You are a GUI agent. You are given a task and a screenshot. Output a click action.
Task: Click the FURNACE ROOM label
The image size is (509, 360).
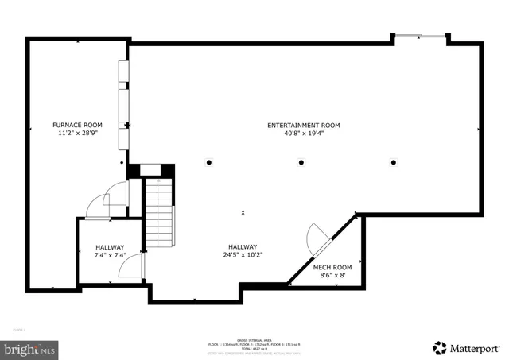pos(77,125)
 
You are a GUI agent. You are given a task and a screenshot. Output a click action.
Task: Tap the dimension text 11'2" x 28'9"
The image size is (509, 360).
pos(77,134)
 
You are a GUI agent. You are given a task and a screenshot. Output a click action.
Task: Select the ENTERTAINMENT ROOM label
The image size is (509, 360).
pos(303,125)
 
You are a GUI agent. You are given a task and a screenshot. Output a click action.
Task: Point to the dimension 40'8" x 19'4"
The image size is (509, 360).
pos(303,134)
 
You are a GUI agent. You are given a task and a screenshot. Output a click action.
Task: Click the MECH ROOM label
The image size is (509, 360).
pos(332,267)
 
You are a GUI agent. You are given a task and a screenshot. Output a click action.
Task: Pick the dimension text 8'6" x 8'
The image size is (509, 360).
pos(332,276)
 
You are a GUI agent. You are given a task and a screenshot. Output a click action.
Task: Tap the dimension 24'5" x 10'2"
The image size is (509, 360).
pos(243,255)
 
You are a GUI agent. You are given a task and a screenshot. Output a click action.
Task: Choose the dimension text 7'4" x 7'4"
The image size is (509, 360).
pos(110,255)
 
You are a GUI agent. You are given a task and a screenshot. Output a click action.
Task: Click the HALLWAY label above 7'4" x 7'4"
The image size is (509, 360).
pos(110,246)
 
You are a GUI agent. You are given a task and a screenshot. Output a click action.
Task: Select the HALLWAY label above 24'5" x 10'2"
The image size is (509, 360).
pos(243,246)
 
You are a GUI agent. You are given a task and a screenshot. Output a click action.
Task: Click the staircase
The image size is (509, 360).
pos(159,212)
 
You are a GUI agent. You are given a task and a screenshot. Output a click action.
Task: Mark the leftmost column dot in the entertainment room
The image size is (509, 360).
pos(209,162)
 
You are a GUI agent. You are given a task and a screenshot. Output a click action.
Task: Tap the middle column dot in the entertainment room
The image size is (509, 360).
pos(301,162)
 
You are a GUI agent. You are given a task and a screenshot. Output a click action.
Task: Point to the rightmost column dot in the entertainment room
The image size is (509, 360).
pos(394,162)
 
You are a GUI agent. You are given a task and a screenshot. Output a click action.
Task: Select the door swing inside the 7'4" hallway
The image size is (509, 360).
pos(130,266)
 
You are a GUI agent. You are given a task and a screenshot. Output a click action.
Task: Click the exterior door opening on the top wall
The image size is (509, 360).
pos(419,36)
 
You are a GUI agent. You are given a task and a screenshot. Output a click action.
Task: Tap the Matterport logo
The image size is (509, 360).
pos(468,347)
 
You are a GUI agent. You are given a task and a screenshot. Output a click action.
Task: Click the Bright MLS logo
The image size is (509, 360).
pos(30,348)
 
